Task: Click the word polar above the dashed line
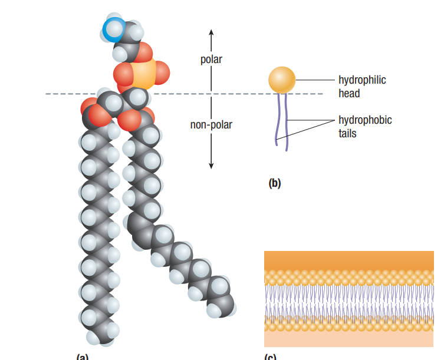[x=212, y=60]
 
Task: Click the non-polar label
[x=211, y=125]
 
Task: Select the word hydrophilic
[x=362, y=80]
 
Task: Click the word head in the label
[x=349, y=93]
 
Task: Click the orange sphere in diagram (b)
[x=282, y=80]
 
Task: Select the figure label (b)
[x=275, y=183]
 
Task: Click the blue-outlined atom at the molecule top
[x=113, y=28]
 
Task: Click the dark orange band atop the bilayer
[x=348, y=260]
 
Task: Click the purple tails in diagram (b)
[x=281, y=121]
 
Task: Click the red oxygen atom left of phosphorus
[x=123, y=74]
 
